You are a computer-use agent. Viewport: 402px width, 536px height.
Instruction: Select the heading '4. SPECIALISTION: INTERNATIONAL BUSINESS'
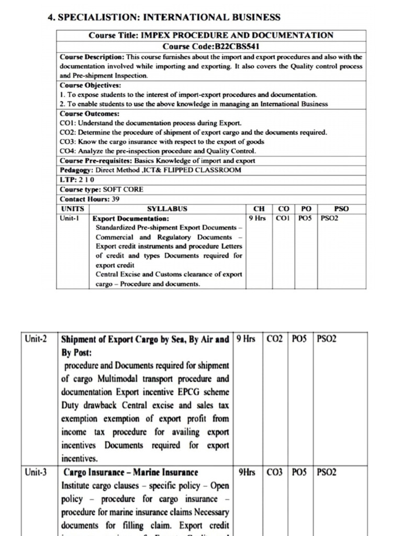pos(164,17)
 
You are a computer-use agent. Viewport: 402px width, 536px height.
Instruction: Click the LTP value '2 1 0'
pos(87,180)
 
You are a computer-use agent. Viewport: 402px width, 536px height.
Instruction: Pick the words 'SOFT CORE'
pos(123,189)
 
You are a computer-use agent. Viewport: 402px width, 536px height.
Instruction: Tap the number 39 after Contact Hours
pos(115,199)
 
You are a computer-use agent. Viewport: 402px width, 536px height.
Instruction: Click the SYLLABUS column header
pos(167,209)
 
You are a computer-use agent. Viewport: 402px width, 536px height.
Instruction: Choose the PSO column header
pos(341,209)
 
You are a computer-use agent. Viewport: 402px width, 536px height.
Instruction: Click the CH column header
pos(259,209)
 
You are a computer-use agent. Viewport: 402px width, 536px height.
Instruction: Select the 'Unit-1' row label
pos(70,218)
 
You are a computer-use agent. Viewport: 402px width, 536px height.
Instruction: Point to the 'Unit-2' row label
pos(36,339)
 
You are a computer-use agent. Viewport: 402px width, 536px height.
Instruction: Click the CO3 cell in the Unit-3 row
pos(274,472)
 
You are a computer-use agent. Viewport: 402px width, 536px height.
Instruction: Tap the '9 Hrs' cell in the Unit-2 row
pos(246,339)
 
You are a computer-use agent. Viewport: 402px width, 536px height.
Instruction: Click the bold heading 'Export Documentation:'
pos(131,218)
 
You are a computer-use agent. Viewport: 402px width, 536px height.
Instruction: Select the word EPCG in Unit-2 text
pos(200,392)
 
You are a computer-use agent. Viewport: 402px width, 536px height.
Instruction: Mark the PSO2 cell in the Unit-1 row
pos(330,218)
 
